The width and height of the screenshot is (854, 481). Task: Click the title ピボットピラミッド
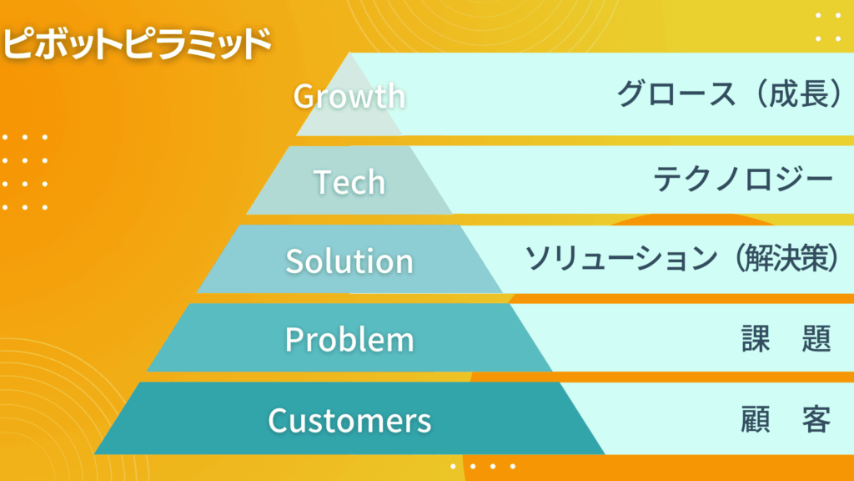(137, 43)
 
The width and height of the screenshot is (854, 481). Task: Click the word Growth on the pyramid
(349, 96)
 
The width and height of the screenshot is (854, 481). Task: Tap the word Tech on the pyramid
(349, 181)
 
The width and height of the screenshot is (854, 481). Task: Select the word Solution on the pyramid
(349, 261)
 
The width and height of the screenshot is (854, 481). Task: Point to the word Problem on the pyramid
(349, 339)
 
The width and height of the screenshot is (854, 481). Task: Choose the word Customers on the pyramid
(349, 421)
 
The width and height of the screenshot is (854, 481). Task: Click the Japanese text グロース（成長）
(731, 94)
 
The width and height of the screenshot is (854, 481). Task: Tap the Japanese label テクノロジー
(743, 179)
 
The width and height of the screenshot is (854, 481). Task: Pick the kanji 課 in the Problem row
(756, 339)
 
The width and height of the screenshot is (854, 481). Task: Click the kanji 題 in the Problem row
(816, 339)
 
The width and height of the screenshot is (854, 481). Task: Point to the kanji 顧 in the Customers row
(756, 419)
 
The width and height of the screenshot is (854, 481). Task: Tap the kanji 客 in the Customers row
(816, 419)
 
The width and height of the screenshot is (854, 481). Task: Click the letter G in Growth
(304, 97)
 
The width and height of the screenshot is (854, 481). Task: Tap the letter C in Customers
(279, 421)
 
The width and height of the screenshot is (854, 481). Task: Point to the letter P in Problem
(294, 339)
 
